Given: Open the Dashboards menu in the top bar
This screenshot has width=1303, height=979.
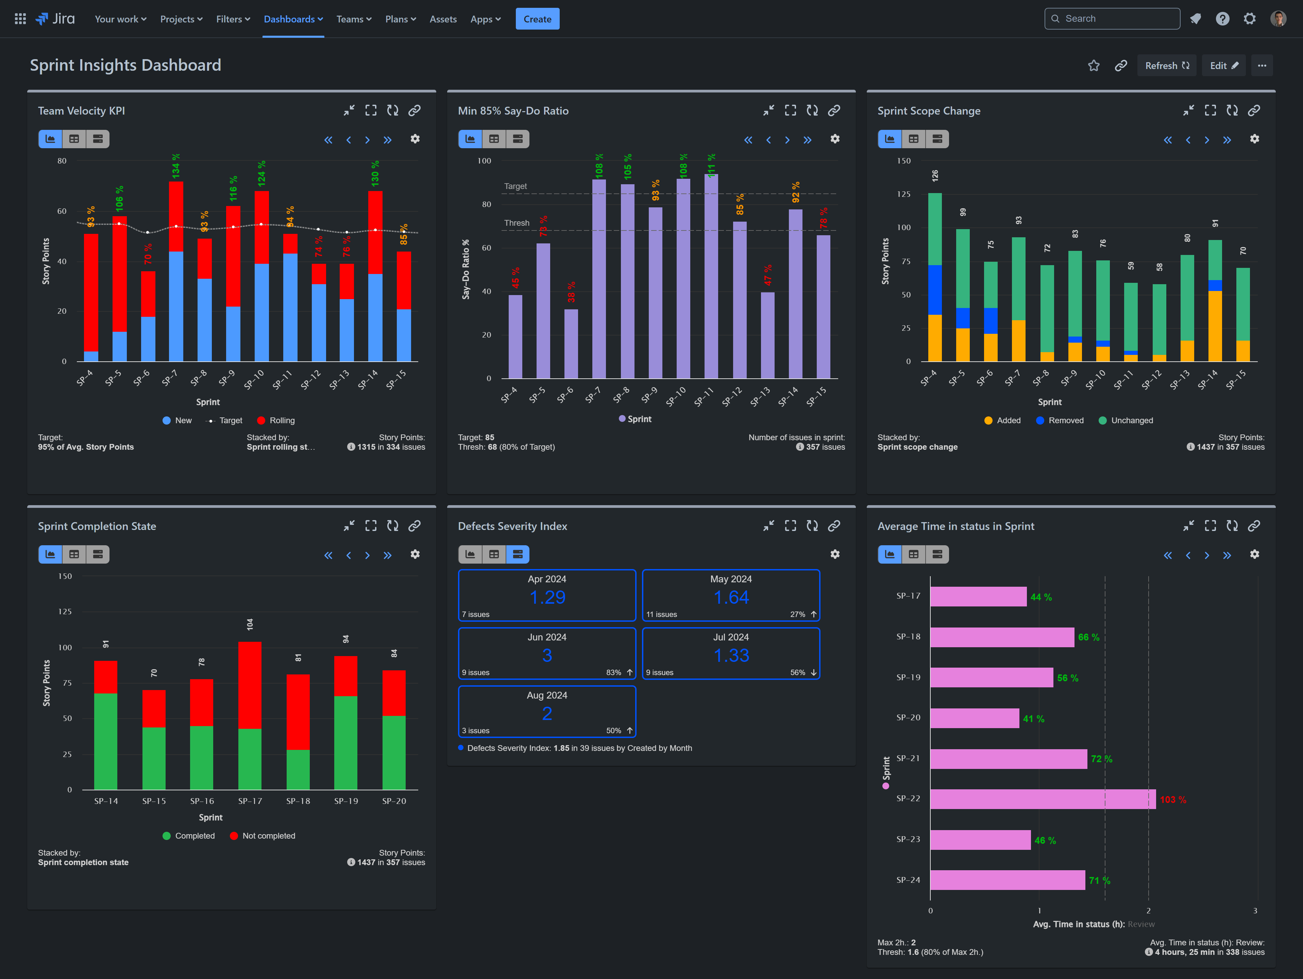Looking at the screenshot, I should (293, 19).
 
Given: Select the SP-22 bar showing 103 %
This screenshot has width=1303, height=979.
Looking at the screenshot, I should (1042, 799).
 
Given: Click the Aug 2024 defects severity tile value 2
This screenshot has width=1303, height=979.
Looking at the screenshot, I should (547, 713).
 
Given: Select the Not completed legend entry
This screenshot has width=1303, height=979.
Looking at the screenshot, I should (268, 835).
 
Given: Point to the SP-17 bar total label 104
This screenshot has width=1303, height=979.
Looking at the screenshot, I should (250, 624).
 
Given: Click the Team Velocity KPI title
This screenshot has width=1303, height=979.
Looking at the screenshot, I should (81, 111).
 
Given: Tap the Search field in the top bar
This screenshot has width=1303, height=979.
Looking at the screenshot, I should (1112, 19).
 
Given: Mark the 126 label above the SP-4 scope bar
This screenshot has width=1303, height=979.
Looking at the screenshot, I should (935, 175).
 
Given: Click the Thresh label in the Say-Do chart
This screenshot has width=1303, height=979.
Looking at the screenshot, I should (516, 223).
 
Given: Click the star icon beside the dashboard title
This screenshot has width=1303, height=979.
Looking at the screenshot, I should (1093, 65).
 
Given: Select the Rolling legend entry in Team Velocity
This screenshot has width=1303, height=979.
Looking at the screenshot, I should (281, 420).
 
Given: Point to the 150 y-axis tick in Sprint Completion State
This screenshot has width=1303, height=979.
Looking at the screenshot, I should (65, 576).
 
